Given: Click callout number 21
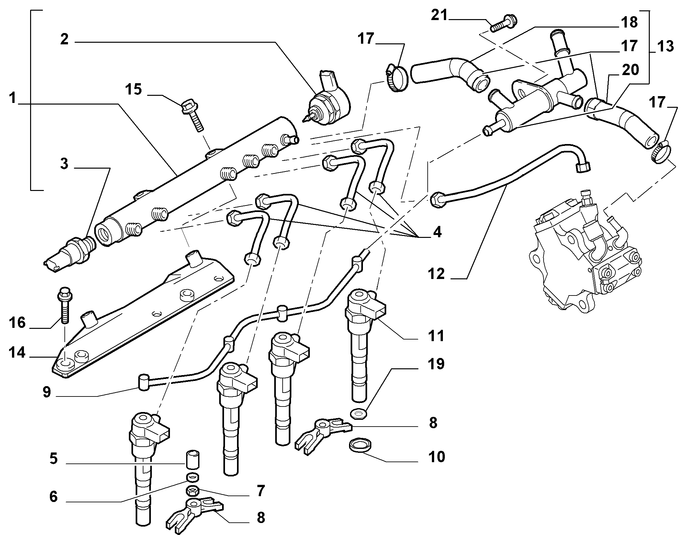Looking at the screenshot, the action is (x=439, y=16).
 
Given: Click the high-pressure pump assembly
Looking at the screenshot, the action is (x=584, y=252).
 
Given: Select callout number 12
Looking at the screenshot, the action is (x=436, y=274).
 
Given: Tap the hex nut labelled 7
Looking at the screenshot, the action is (x=193, y=491).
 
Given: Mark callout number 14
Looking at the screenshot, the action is (x=17, y=352).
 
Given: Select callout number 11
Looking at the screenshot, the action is (x=436, y=336).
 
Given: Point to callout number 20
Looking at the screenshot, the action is (x=630, y=70).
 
